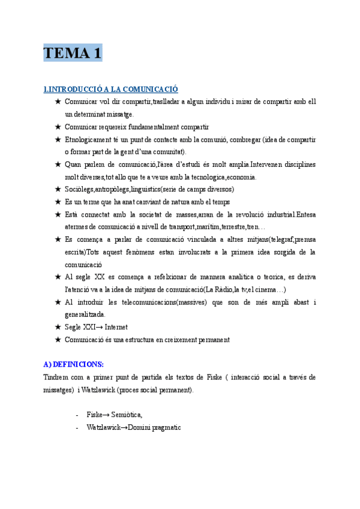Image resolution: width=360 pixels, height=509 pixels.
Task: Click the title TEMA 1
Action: point(73,53)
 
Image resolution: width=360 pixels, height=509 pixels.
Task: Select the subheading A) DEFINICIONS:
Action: point(74,364)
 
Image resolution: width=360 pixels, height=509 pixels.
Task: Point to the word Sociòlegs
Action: point(80,189)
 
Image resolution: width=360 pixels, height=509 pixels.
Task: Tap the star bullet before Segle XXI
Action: point(58,327)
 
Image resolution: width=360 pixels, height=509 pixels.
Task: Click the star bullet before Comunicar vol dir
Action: point(58,101)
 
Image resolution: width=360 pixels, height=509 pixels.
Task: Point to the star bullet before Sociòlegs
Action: point(58,189)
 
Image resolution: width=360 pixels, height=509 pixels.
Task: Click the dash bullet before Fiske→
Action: point(77,414)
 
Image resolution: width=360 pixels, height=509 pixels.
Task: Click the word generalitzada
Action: point(85,315)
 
